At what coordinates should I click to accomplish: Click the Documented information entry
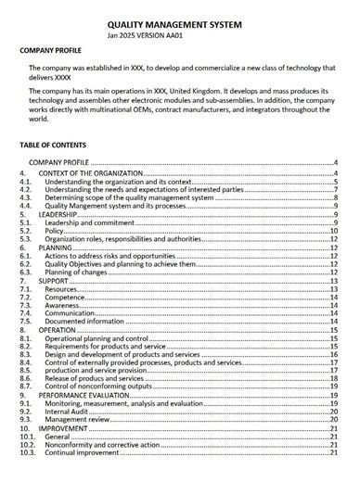click(85, 322)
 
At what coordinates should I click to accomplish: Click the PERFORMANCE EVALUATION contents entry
click(85, 395)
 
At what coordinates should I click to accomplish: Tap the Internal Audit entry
click(70, 412)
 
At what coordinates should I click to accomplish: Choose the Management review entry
click(77, 420)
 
